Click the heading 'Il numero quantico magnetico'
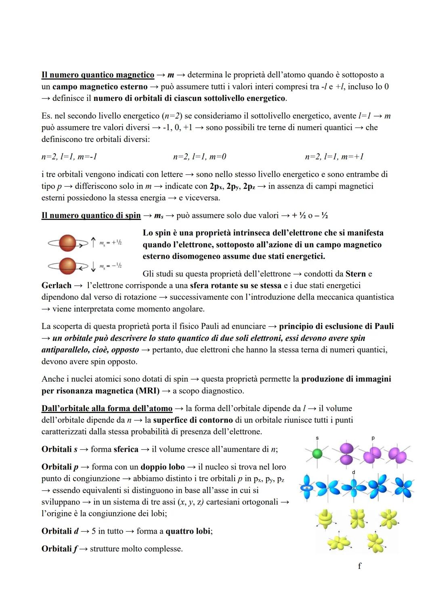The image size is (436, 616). pos(98,75)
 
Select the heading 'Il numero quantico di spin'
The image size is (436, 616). pos(91,215)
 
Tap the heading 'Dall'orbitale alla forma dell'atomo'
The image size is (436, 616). pos(107,408)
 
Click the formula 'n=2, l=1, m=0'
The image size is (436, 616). pos(199,157)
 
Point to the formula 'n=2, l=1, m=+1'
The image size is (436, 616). pos(334,157)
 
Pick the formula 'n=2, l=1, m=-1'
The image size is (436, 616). pos(69,157)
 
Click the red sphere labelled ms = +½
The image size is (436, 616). pos(67,243)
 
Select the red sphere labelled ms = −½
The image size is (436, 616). pos(67,265)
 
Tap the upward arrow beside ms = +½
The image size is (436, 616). pos(93,242)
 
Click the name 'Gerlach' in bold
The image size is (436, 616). pos(56,286)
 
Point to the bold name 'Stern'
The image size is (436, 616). pos(356,274)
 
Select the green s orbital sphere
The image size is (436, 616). pos(318,454)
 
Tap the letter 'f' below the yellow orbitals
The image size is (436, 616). pos(359,566)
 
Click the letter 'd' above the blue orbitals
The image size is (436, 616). pos(354,472)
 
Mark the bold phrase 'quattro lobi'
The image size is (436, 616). pos(188,531)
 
